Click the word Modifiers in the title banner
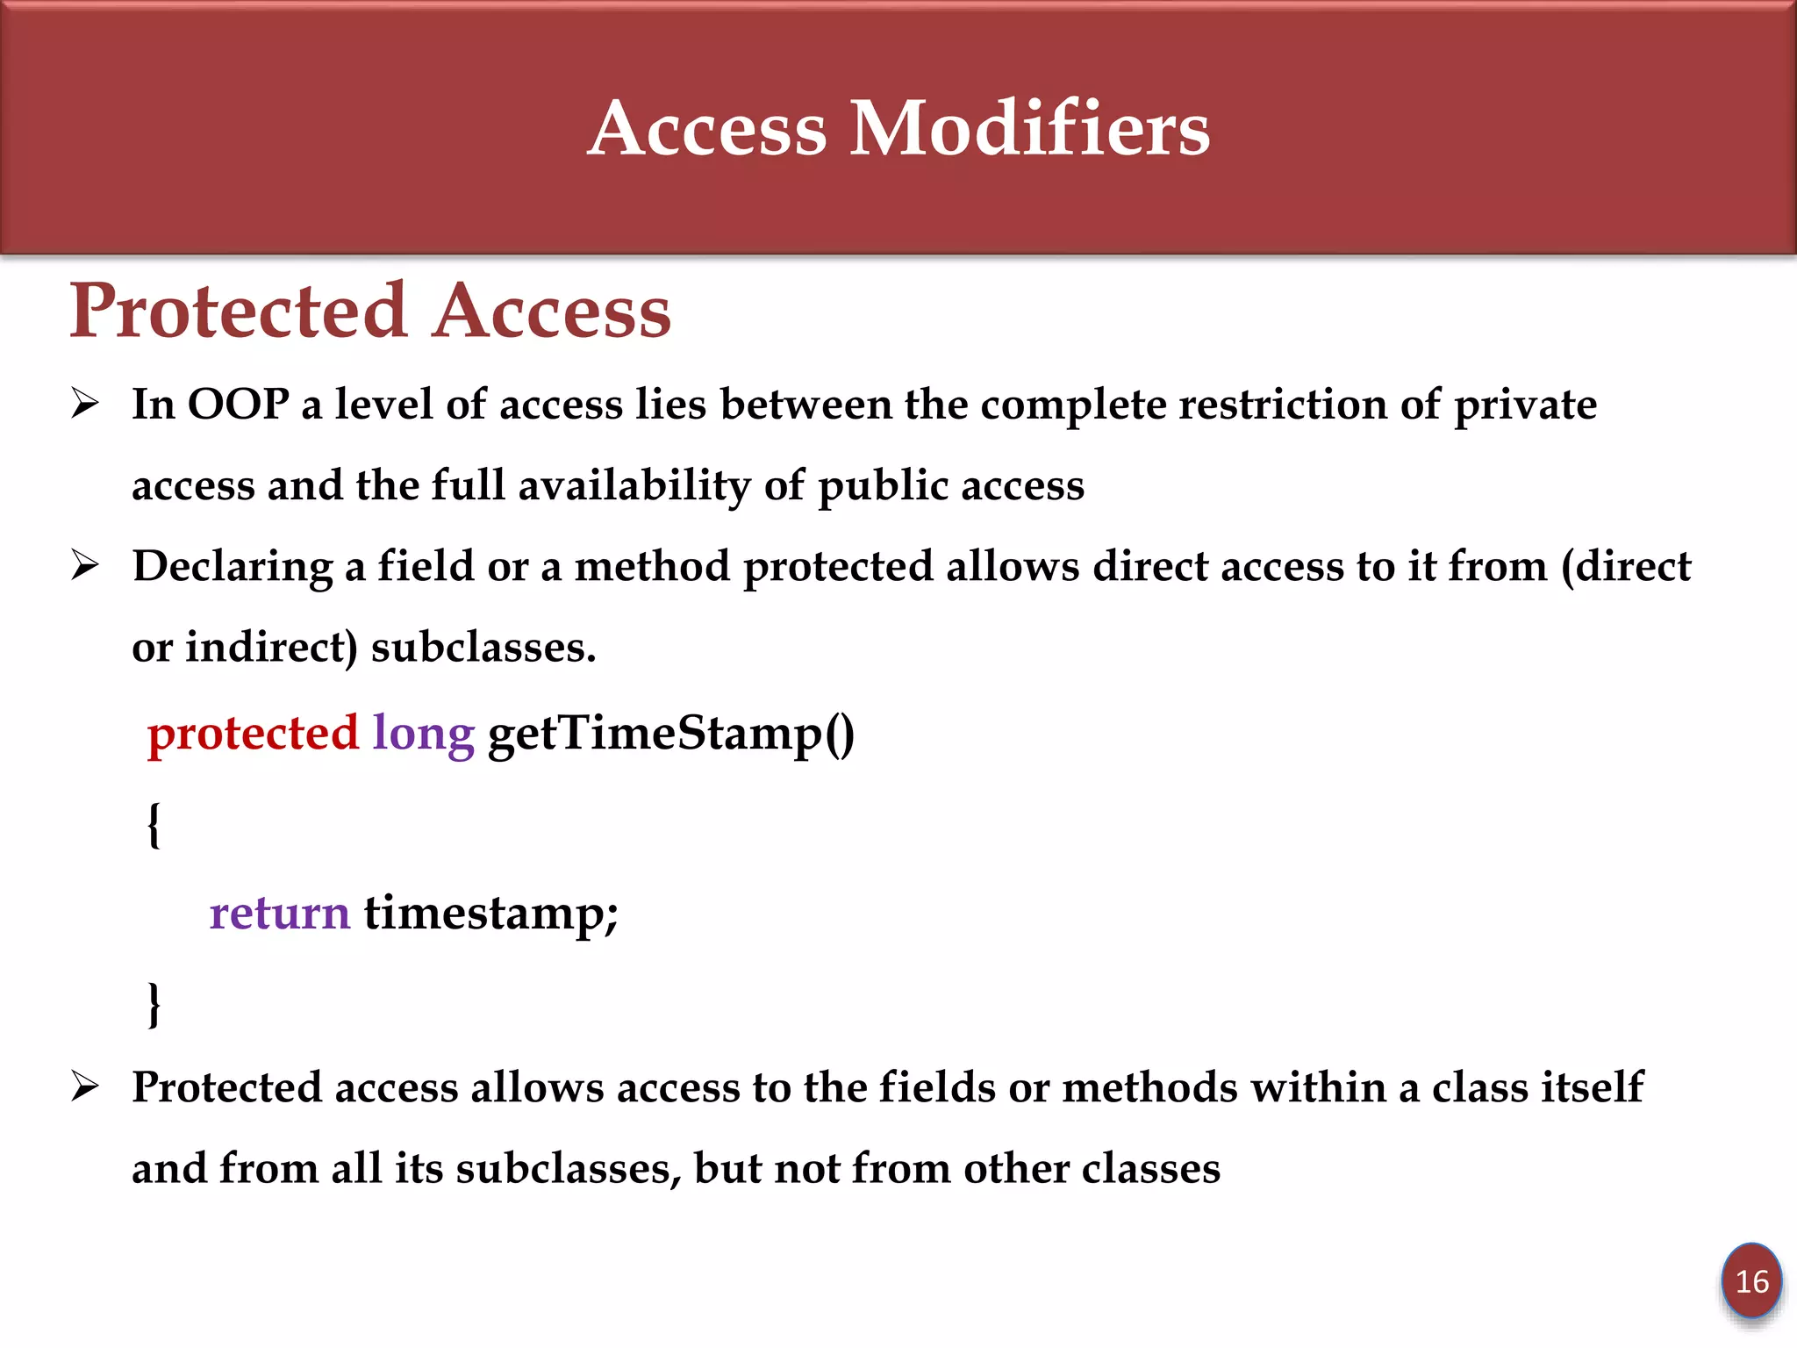point(1030,129)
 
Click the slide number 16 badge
point(1751,1282)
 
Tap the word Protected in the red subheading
point(239,311)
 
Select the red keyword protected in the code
point(253,734)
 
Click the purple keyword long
point(423,734)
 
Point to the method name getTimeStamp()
point(670,734)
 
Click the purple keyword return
point(279,913)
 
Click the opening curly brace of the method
point(154,825)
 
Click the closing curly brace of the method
point(154,1004)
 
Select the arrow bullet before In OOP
point(85,404)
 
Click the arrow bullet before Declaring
point(85,565)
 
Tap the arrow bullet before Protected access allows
point(85,1087)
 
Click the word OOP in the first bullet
point(238,405)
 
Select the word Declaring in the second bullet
point(233,567)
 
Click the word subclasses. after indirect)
point(483,648)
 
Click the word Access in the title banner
point(707,129)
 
